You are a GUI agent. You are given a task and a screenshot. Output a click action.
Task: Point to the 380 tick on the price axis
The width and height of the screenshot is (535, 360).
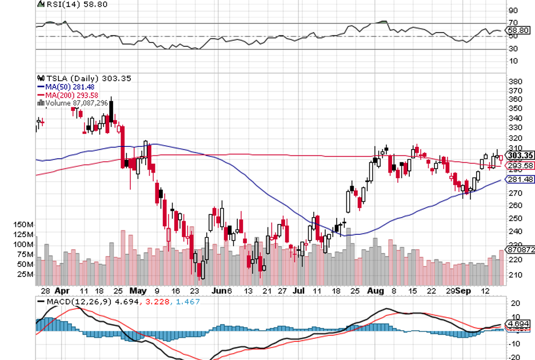[514, 81]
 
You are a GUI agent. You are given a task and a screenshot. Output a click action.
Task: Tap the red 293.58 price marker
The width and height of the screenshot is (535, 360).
[520, 165]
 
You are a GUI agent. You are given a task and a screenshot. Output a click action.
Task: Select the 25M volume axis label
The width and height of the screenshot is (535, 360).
[26, 274]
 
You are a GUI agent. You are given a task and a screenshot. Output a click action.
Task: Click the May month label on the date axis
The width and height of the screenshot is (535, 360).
[138, 290]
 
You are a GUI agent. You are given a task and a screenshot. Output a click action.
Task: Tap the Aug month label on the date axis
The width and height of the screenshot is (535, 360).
[376, 290]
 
